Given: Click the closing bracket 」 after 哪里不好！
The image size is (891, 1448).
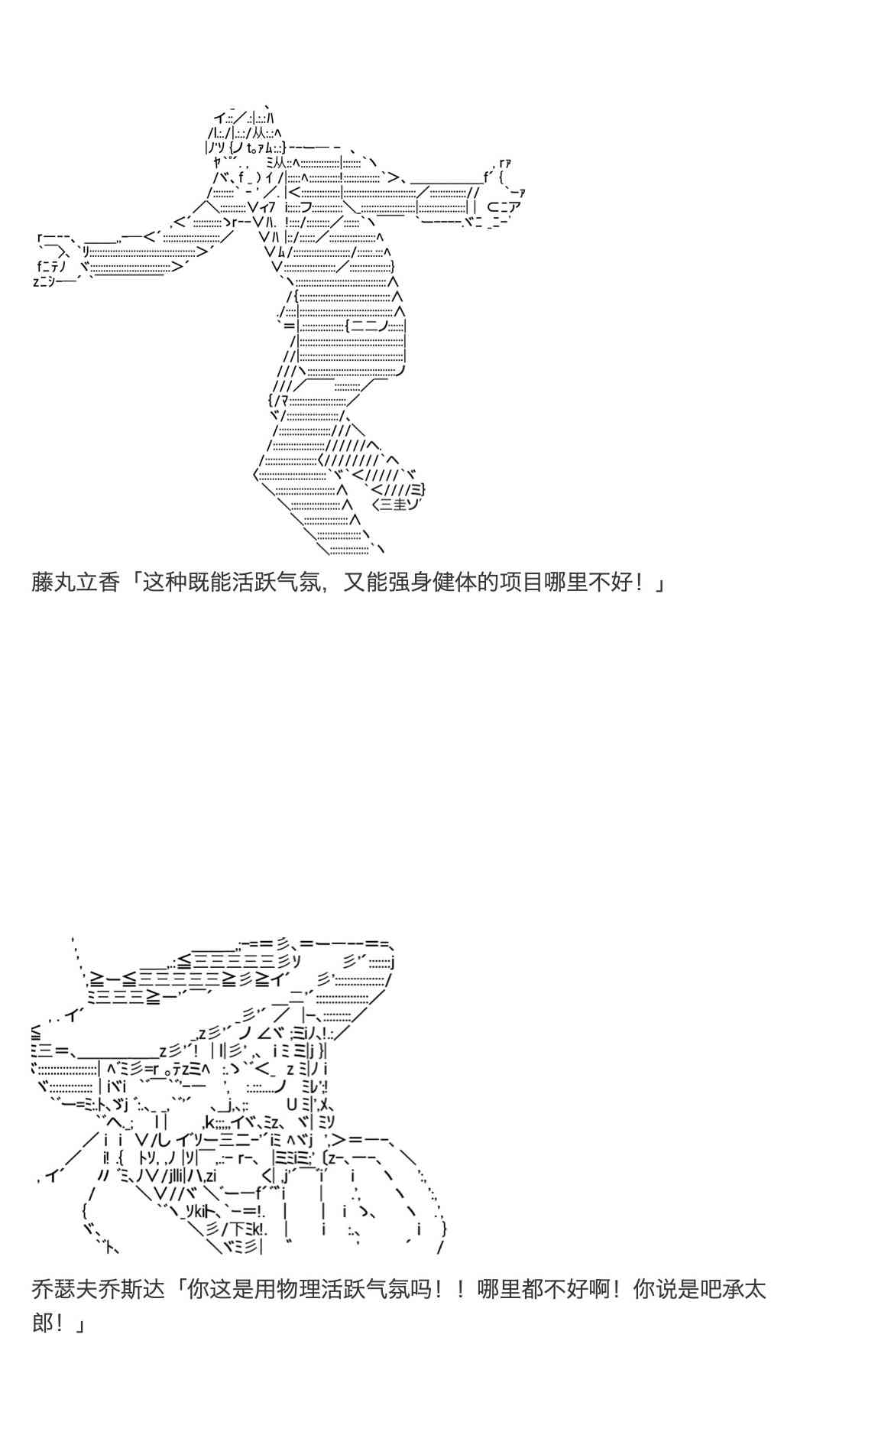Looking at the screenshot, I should [659, 585].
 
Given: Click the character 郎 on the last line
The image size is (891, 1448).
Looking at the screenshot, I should [42, 1322].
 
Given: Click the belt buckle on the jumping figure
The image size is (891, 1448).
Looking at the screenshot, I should [367, 326].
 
